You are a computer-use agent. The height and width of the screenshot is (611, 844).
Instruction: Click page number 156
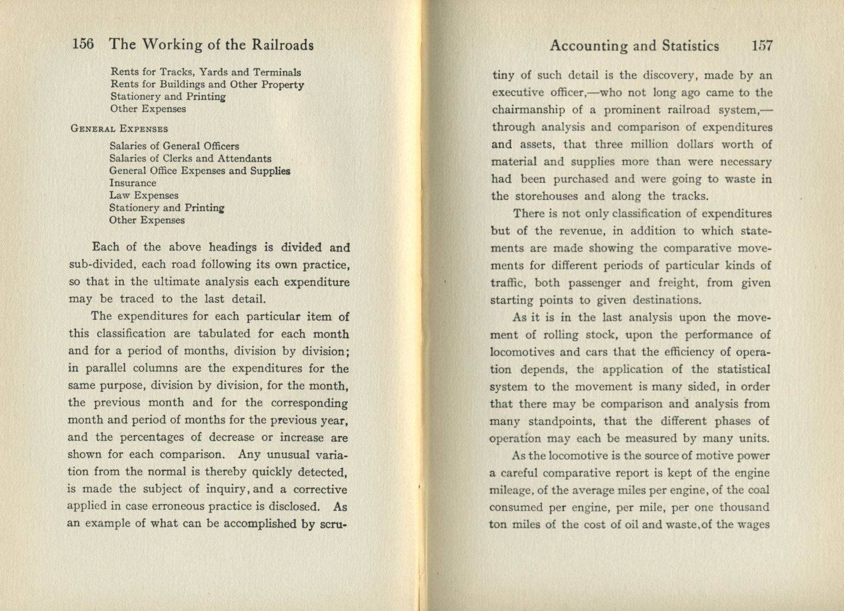point(83,44)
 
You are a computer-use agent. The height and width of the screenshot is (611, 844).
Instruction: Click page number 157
point(761,45)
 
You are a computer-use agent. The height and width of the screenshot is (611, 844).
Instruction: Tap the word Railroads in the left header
point(283,45)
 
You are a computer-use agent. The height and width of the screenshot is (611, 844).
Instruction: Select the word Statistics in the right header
point(690,46)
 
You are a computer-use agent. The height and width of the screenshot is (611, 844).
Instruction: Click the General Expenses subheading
point(119,129)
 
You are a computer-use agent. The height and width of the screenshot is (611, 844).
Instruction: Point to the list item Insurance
point(132,183)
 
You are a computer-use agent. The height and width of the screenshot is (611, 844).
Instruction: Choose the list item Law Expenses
point(143,195)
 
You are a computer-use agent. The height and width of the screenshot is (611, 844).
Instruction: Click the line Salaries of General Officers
point(174,146)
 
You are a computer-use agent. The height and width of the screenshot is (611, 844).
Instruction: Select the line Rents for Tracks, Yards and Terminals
point(205,72)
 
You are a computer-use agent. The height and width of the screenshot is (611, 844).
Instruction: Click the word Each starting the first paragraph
point(105,247)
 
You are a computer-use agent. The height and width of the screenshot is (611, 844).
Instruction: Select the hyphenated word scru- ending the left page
point(332,524)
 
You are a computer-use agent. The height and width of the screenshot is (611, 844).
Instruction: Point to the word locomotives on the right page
point(522,352)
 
